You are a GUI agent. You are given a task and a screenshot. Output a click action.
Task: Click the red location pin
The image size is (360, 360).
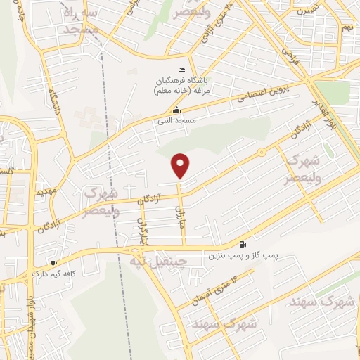point(181,165)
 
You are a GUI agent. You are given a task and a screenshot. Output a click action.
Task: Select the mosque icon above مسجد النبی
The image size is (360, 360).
point(176,110)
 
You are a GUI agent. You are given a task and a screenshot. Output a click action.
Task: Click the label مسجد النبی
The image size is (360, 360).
point(176,122)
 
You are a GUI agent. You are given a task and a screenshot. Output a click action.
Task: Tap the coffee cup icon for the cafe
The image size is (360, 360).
point(53,263)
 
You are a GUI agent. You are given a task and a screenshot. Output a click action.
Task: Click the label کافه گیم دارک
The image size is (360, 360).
point(59,275)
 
